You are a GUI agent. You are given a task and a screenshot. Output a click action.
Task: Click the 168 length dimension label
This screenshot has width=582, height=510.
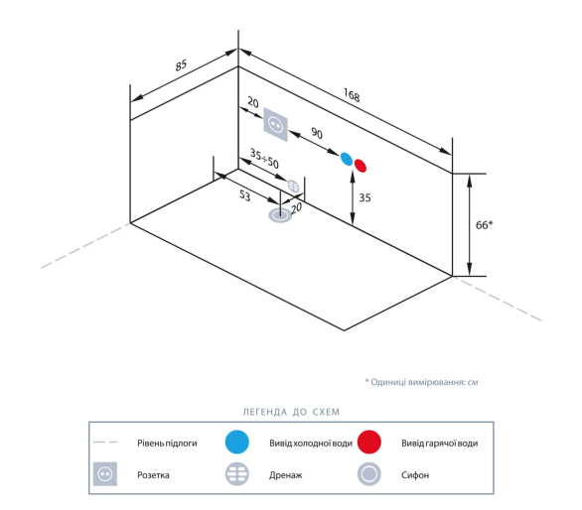point(352,95)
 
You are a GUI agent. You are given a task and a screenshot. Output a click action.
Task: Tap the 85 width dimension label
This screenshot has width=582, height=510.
point(181,65)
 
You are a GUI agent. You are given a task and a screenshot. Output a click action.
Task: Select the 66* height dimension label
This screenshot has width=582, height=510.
point(484,225)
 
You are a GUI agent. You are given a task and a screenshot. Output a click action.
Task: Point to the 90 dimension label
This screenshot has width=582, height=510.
point(317,133)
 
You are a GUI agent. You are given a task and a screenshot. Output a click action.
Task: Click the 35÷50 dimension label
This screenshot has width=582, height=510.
point(264,159)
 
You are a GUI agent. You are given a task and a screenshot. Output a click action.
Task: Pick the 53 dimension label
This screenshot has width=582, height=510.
point(244,195)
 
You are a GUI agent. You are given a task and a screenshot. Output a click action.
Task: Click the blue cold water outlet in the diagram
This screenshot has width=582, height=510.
point(347,159)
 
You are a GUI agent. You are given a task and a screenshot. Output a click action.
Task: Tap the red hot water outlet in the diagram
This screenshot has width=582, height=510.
point(361,166)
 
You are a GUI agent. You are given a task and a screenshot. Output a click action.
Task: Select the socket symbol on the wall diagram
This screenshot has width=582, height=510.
point(276,125)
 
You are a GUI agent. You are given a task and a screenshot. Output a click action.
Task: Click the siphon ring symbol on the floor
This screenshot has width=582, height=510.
point(280,215)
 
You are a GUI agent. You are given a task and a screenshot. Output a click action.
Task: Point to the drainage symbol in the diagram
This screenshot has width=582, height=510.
point(293,186)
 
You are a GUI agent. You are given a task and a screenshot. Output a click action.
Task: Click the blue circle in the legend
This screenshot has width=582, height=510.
point(236,442)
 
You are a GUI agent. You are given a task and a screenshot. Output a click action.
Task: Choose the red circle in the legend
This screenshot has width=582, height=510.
point(368,442)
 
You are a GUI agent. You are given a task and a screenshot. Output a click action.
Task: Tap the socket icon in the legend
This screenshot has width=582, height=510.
point(105,473)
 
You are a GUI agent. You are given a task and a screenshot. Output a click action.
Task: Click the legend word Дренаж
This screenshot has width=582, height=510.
point(286,475)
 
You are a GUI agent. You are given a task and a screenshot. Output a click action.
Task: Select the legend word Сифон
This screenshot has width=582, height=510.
point(415,475)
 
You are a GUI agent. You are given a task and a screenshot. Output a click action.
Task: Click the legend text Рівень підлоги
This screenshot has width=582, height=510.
point(167,444)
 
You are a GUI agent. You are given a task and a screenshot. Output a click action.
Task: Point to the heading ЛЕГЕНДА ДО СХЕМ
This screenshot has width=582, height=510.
point(291,412)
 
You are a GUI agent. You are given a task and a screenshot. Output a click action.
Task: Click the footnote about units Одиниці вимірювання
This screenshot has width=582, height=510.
point(421,382)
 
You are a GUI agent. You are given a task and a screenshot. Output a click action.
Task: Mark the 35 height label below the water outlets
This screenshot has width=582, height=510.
point(364,197)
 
